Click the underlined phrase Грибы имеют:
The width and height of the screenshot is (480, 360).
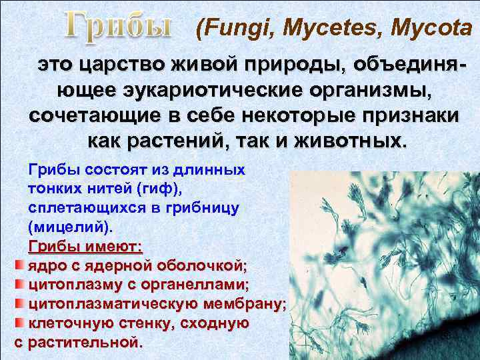[x=85, y=246]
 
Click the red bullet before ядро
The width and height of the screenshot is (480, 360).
[x=19, y=266]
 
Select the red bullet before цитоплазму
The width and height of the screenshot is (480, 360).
[x=19, y=285]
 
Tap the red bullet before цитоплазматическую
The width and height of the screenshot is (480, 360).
[x=19, y=304]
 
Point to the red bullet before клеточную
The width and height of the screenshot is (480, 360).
[x=19, y=323]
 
